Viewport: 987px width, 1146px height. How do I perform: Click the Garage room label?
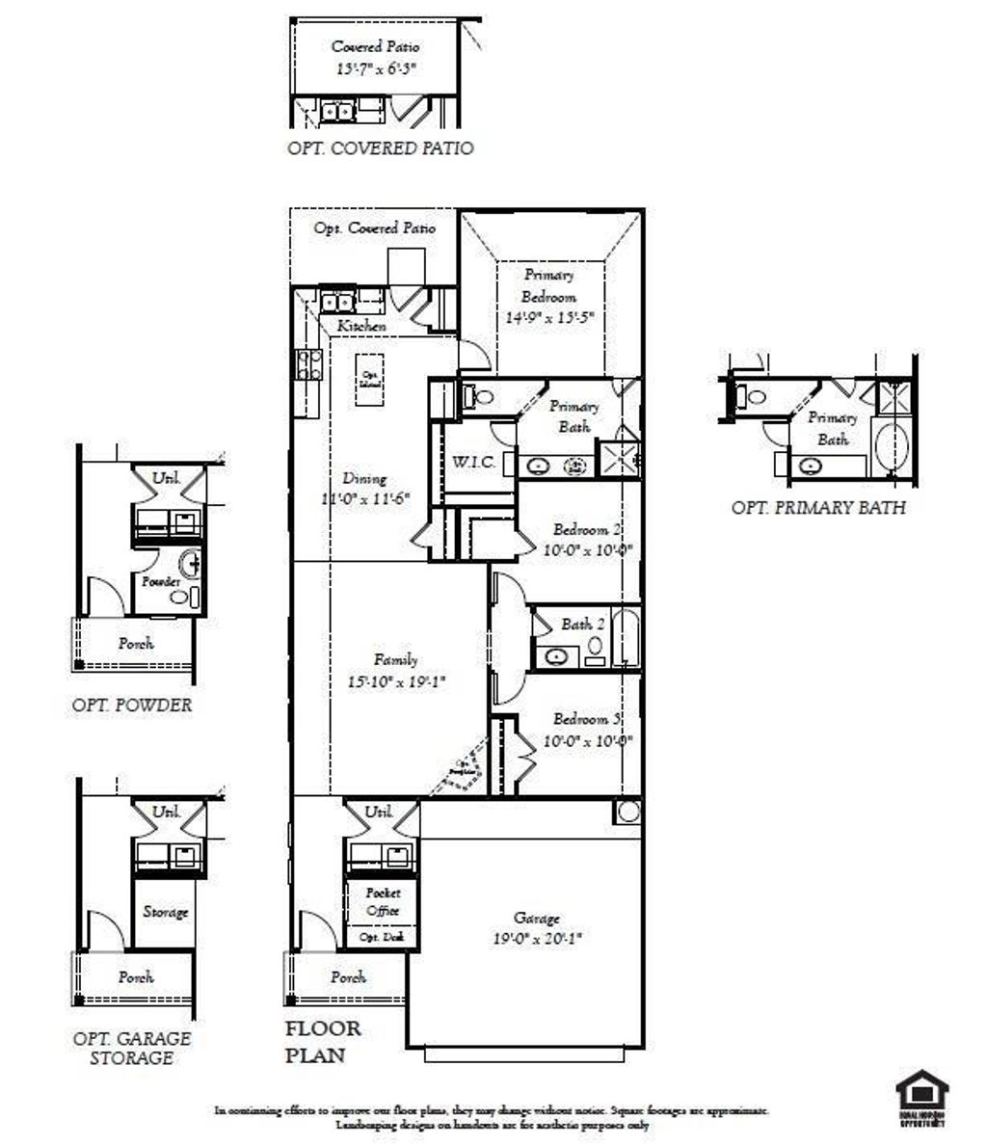pos(536,918)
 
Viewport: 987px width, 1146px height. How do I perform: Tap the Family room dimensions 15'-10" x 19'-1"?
pos(396,681)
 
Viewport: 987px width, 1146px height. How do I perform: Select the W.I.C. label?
pos(473,463)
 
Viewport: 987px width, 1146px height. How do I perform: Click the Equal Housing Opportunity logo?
pos(921,1099)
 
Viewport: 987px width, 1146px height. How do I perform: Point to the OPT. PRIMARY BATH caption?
pos(818,508)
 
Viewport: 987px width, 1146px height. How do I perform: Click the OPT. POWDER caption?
pos(132,705)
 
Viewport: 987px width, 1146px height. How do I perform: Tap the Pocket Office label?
pos(383,903)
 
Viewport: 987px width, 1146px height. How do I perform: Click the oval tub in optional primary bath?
pos(893,446)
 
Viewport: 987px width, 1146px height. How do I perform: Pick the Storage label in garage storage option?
pos(165,912)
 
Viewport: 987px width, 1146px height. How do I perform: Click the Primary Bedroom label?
pos(548,285)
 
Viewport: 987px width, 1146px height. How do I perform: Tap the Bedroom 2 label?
pos(587,529)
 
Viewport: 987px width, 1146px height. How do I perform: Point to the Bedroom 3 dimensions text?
pos(587,741)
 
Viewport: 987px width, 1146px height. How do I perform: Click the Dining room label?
pos(364,478)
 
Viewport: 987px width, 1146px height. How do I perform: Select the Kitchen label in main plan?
pos(361,327)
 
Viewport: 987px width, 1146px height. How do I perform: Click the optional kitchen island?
pos(368,379)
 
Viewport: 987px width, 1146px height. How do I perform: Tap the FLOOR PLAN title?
pos(322,1041)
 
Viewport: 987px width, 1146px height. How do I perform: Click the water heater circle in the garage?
pos(628,812)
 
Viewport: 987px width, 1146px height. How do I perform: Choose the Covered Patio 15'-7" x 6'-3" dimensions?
pos(376,69)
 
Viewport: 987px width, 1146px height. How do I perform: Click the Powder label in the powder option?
pos(161,582)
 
